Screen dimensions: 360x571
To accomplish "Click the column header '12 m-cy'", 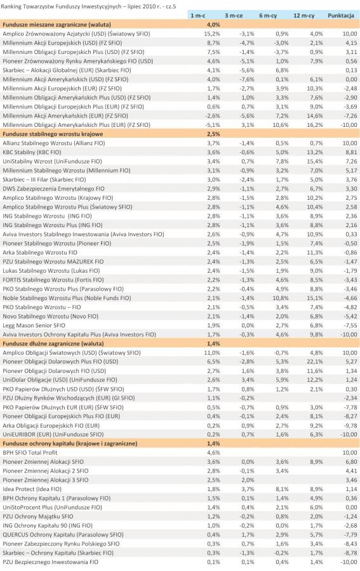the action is (303, 16).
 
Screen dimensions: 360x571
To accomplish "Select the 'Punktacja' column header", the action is (341, 16).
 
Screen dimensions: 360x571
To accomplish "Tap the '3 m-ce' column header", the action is (234, 16).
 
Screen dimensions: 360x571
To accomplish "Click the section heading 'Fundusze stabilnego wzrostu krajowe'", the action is (53, 134).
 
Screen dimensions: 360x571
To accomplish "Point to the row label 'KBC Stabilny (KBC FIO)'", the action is (32, 152).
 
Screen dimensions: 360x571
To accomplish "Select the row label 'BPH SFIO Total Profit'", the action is (30, 452).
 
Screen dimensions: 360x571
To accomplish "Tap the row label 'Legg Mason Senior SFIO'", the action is (34, 325).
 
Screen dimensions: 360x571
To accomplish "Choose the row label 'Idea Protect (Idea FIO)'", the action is (32, 489).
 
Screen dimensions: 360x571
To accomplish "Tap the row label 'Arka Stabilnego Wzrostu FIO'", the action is (40, 253).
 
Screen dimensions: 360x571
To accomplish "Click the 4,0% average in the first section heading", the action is (213, 25).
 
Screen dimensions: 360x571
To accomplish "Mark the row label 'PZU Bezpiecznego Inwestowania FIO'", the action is (50, 562).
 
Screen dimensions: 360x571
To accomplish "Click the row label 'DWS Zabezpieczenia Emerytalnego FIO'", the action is (53, 188).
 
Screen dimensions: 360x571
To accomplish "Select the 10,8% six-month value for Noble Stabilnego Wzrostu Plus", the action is (281, 298).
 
